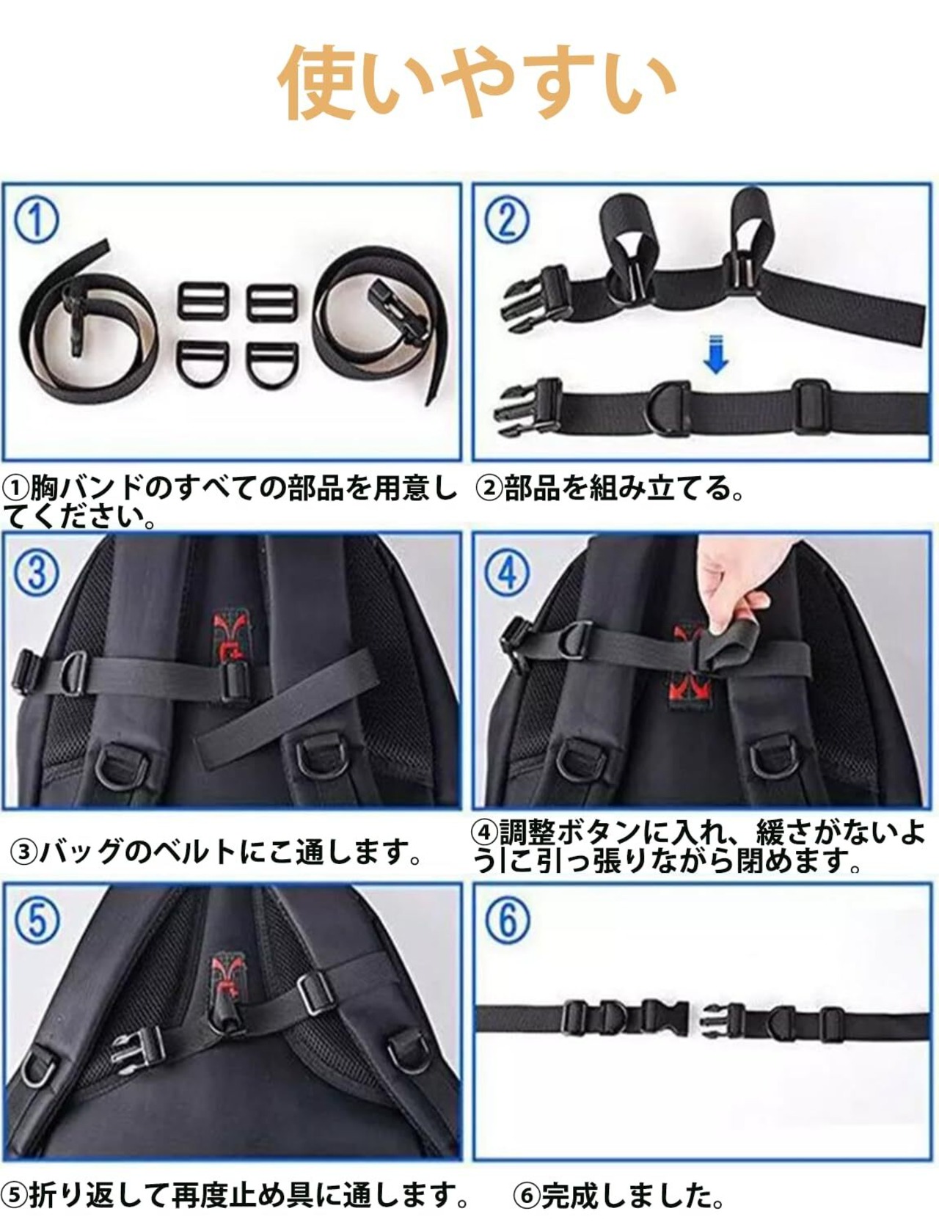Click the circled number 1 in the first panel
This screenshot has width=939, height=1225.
(36, 221)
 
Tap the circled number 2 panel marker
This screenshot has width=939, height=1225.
(507, 219)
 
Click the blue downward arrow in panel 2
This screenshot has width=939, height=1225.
(716, 354)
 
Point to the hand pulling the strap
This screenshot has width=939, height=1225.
(734, 587)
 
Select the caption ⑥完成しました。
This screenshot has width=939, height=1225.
(618, 1196)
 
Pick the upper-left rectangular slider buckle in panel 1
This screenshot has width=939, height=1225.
(203, 302)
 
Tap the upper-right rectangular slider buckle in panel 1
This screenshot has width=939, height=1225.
(271, 302)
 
